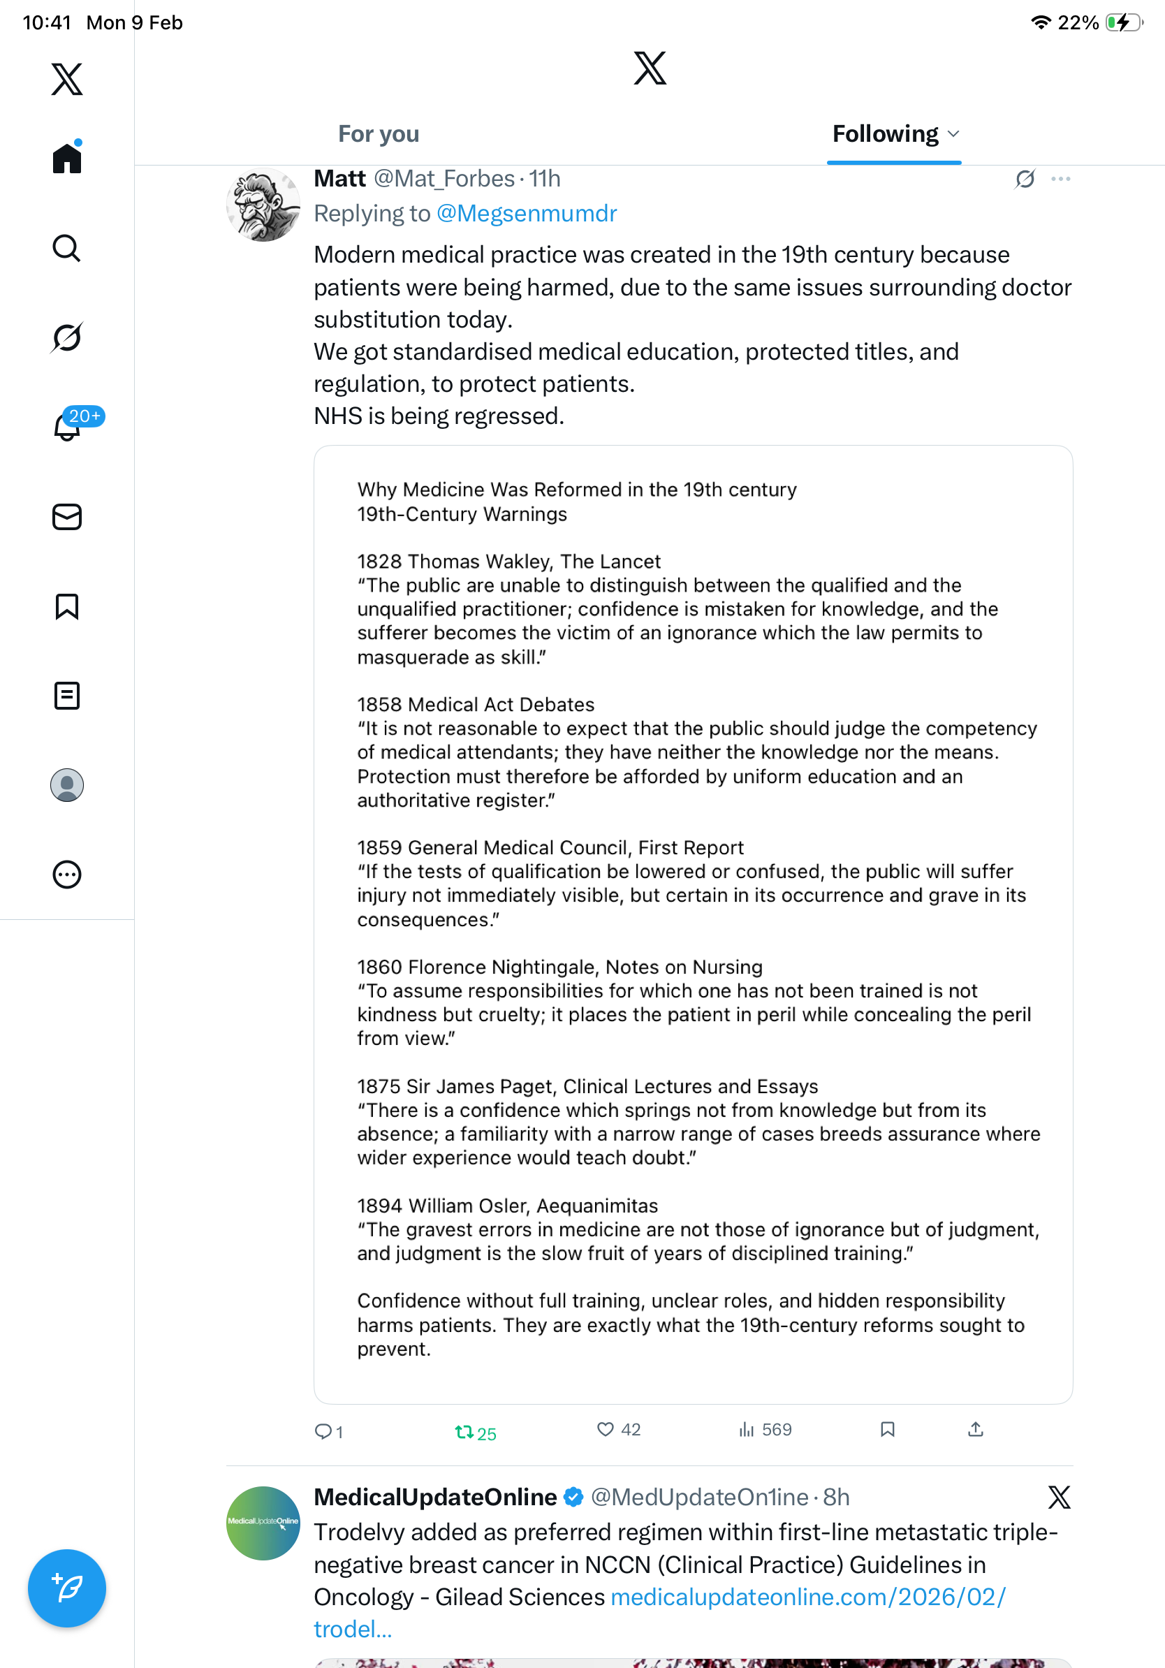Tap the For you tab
point(379,134)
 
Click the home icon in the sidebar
point(67,158)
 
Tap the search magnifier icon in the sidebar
point(67,249)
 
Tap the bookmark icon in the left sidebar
point(67,606)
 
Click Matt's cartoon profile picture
point(263,205)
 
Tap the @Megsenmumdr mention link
point(527,214)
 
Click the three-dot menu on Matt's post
point(1060,179)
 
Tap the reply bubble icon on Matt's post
point(323,1431)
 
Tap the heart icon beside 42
point(605,1429)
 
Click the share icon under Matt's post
point(976,1430)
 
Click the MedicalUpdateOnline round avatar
point(263,1523)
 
